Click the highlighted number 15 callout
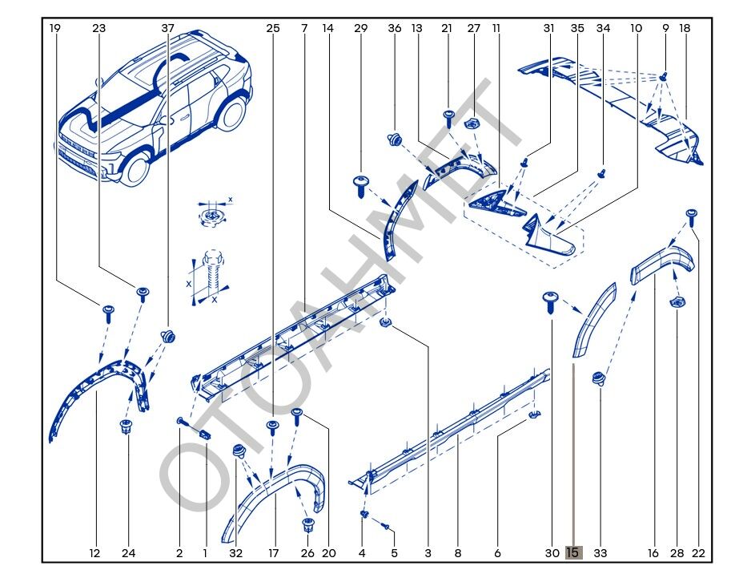573,552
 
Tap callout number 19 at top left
54,28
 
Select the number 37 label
167,28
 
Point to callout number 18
685,28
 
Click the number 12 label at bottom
94,552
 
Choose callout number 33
600,552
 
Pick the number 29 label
360,28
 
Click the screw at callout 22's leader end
692,214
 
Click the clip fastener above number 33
597,378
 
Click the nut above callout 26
307,525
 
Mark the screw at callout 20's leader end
298,414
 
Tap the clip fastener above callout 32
237,451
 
